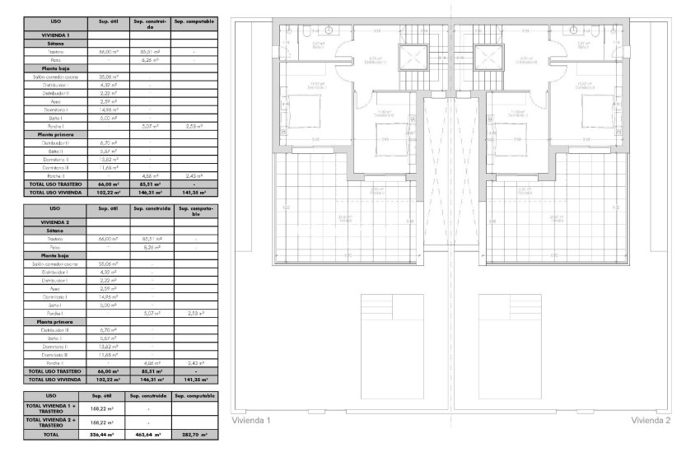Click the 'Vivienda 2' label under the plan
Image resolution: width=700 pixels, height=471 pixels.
tap(651, 420)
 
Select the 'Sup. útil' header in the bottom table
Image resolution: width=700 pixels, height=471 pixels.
tap(105, 395)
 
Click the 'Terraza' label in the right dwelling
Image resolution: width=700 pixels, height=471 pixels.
tap(557, 221)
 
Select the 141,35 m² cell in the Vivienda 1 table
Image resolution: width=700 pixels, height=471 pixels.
tap(194, 192)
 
